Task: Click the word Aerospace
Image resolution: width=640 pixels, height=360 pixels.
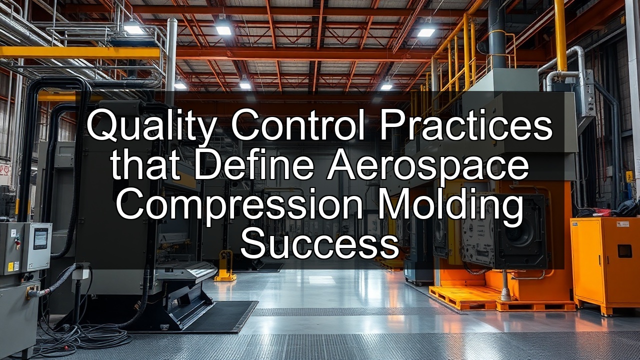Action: [427, 167]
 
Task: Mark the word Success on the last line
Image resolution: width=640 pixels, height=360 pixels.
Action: [319, 244]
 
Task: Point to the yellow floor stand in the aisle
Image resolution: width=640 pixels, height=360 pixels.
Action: [224, 265]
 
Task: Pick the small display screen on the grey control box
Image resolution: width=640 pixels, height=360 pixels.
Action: [40, 238]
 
